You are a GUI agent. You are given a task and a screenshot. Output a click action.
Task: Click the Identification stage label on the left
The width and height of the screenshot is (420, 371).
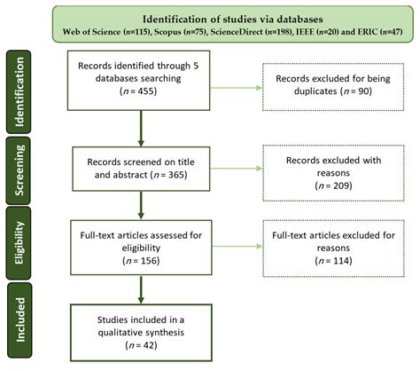(x=19, y=91)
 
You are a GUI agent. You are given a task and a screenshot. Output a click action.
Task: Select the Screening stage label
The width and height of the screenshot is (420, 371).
(x=19, y=170)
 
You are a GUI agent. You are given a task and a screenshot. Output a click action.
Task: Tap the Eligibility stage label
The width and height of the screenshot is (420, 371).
(x=19, y=242)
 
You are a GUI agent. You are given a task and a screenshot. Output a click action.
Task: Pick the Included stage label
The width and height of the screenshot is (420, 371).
(x=19, y=320)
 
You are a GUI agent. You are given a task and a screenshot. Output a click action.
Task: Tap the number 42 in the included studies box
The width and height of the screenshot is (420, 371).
(x=148, y=345)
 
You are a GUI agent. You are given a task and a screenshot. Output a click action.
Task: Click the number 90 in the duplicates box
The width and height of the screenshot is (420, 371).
(x=362, y=91)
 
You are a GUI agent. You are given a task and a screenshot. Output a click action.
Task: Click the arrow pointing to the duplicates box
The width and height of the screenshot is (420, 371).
(x=236, y=88)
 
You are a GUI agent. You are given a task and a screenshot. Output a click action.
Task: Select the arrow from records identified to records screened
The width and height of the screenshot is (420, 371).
(x=141, y=129)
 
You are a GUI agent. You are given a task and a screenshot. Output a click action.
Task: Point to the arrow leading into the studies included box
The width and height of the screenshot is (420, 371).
(x=141, y=289)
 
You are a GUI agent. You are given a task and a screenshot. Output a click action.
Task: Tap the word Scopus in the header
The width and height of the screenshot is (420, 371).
(x=167, y=32)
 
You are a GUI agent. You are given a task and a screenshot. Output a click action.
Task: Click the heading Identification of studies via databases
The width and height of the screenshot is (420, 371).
(x=233, y=20)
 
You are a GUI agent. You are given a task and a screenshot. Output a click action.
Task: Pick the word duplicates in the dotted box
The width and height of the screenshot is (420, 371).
(x=315, y=91)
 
